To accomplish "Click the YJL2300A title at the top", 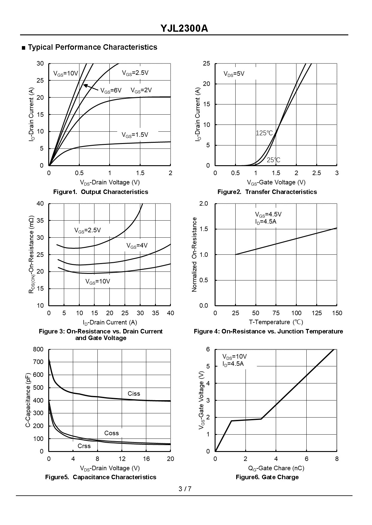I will click(184, 28).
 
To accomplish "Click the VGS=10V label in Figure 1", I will click(65, 73).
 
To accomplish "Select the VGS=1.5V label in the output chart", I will click(135, 135).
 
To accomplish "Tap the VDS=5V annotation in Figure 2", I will click(234, 74).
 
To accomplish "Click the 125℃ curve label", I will click(264, 133).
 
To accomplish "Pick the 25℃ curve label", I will click(273, 160).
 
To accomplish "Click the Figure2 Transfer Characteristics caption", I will click(267, 192).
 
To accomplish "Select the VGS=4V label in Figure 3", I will click(137, 246).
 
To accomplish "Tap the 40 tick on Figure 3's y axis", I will click(40, 204).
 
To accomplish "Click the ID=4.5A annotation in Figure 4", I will click(266, 221).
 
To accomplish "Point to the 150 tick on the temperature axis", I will click(337, 313).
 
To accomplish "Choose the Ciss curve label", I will click(134, 394).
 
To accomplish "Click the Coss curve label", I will click(112, 433).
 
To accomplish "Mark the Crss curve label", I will click(84, 446).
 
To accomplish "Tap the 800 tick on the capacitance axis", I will click(38, 349).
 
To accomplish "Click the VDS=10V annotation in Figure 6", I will click(234, 356).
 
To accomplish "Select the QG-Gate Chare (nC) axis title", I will click(276, 468).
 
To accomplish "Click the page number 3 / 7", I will click(185, 489).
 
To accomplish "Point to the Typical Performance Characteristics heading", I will click(92, 47).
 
